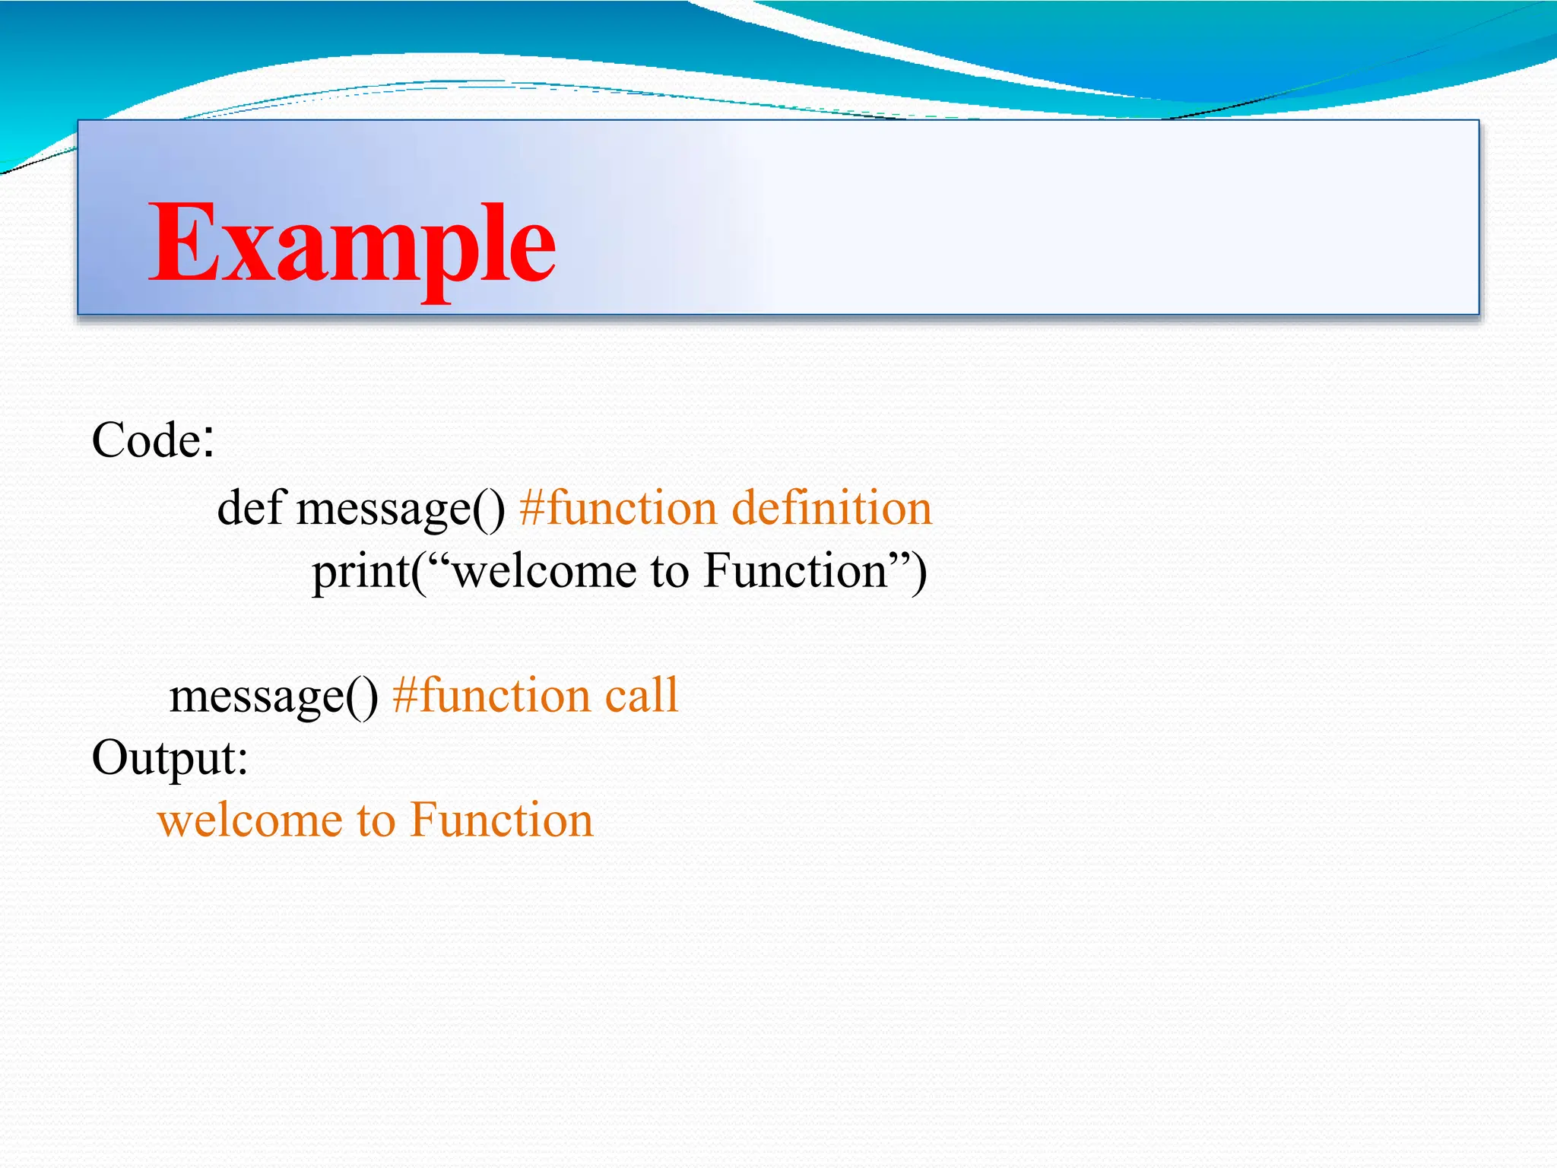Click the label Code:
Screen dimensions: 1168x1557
(x=153, y=440)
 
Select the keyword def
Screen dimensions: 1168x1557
(x=251, y=508)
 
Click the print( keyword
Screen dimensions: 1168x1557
(x=365, y=572)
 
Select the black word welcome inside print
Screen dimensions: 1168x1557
(x=543, y=572)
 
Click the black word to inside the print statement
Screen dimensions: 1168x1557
(x=669, y=572)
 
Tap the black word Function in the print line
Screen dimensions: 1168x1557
(x=795, y=572)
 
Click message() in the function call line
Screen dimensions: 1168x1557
(x=274, y=697)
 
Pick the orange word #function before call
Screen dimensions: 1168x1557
(x=491, y=695)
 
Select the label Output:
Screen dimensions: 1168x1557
(x=170, y=758)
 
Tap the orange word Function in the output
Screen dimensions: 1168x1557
(x=502, y=821)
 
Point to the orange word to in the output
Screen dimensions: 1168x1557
(x=376, y=821)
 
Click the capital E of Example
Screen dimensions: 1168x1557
(x=179, y=243)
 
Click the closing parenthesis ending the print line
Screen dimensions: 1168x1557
(x=919, y=572)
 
